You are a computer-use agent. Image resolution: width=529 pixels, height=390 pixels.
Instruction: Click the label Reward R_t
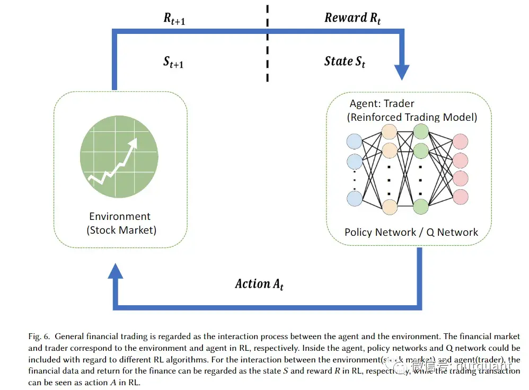pyautogui.click(x=352, y=18)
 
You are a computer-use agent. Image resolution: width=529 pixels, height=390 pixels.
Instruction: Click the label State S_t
pyautogui.click(x=345, y=61)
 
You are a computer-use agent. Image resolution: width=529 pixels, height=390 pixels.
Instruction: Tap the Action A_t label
pyautogui.click(x=259, y=284)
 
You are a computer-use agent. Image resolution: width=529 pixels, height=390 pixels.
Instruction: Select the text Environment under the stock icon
pyautogui.click(x=120, y=216)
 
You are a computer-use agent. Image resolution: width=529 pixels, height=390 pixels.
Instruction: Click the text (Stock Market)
pyautogui.click(x=121, y=230)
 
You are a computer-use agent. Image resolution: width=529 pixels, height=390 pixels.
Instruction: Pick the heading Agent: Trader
pyautogui.click(x=382, y=104)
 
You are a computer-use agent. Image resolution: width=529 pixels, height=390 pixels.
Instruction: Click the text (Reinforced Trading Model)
pyautogui.click(x=412, y=117)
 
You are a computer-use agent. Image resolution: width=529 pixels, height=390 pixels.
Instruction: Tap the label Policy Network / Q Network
pyautogui.click(x=411, y=232)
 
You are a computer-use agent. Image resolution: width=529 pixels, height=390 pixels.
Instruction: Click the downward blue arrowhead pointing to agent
pyautogui.click(x=402, y=71)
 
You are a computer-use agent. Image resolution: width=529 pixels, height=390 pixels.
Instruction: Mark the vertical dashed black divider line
pyautogui.click(x=267, y=42)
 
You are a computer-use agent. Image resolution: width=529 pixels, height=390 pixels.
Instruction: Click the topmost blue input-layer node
pyautogui.click(x=354, y=141)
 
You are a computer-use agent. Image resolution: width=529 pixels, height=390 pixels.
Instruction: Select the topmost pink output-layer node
pyautogui.click(x=460, y=141)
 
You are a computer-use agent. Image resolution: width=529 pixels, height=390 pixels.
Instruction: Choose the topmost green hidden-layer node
pyautogui.click(x=421, y=131)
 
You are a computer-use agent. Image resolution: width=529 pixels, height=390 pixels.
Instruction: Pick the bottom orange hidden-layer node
pyautogui.click(x=389, y=208)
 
